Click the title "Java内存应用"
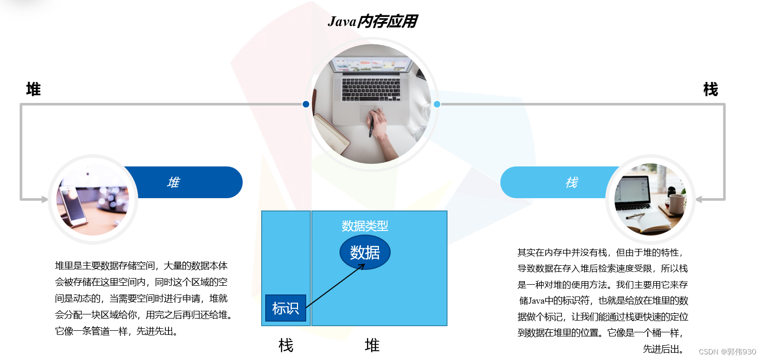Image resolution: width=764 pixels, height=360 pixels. [x=372, y=22]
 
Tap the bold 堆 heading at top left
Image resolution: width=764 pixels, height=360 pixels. [x=33, y=90]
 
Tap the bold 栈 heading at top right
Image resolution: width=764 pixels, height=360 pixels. [x=710, y=90]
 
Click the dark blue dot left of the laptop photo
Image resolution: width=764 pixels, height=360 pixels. [x=306, y=104]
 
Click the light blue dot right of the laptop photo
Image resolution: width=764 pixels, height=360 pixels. [x=437, y=104]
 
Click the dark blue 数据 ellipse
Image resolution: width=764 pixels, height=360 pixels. [x=365, y=252]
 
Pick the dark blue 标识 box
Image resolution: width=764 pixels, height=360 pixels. [x=285, y=308]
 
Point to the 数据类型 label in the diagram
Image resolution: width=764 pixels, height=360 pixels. [x=365, y=226]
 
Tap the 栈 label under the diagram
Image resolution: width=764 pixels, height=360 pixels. [x=286, y=345]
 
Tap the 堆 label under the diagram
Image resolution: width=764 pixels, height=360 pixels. [x=372, y=345]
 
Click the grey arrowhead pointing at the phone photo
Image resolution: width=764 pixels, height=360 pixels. [x=45, y=199]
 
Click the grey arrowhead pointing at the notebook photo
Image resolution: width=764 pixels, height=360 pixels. [x=699, y=199]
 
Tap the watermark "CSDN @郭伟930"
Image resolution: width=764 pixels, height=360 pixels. [x=727, y=352]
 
